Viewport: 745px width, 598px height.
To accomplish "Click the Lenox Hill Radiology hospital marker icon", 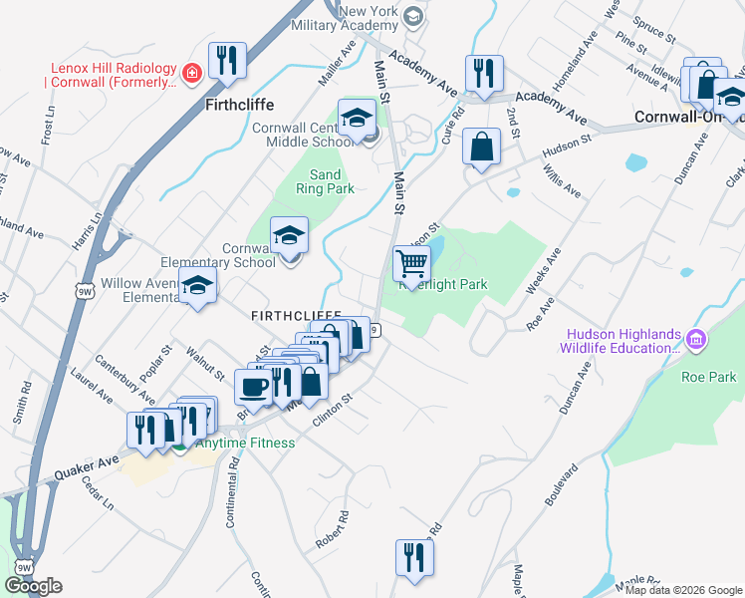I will [192, 72].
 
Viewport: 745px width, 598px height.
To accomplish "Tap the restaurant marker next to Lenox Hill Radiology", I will [228, 61].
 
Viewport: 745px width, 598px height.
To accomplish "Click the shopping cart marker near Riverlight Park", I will [411, 264].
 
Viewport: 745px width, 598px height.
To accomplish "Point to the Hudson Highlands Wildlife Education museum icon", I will [695, 341].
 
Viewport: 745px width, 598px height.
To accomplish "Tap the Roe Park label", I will [708, 377].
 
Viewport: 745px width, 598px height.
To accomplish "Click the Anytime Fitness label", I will [245, 444].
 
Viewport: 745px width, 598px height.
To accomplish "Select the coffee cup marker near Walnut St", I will [252, 386].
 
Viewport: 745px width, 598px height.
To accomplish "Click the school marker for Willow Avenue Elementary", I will [198, 286].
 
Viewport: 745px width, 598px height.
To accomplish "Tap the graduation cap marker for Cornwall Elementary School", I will [289, 236].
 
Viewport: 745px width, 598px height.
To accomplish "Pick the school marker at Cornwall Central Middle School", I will [357, 119].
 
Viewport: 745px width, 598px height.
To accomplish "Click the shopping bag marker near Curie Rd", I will [481, 147].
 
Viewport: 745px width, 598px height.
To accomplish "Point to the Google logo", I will [33, 586].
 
